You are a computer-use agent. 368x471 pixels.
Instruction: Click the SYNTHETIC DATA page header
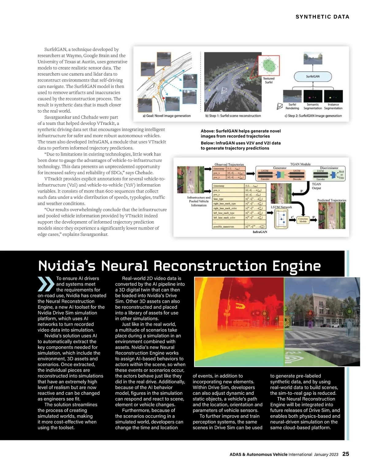tap(322, 17)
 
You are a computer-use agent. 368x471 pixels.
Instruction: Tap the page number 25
tap(346, 454)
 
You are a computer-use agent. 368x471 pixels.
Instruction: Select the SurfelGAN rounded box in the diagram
tap(313, 76)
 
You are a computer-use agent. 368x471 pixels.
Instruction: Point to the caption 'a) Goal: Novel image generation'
tap(167, 116)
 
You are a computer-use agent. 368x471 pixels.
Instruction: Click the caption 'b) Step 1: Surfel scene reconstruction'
tap(233, 116)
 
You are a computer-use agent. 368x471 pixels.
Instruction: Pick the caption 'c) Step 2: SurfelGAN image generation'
tap(313, 116)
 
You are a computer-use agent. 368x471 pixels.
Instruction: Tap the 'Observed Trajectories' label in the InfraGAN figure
tap(229, 164)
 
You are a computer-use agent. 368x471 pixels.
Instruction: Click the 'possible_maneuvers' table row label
tap(224, 227)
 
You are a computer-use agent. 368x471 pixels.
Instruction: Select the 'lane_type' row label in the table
tap(218, 199)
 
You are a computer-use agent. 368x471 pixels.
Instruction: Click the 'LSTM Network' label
tap(281, 207)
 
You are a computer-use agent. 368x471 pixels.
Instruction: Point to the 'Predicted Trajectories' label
tap(332, 200)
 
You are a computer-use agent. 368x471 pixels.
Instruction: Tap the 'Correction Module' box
tap(303, 220)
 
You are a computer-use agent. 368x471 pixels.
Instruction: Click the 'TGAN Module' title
tap(300, 164)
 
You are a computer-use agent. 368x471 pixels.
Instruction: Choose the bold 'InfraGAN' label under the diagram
tap(260, 232)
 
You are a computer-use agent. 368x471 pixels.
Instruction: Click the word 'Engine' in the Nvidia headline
tap(297, 266)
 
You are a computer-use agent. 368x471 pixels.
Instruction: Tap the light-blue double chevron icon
tap(46, 284)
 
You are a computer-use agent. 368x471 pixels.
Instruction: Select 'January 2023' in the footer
tap(326, 454)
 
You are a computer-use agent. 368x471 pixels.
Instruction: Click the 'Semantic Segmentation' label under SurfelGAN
tap(313, 106)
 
